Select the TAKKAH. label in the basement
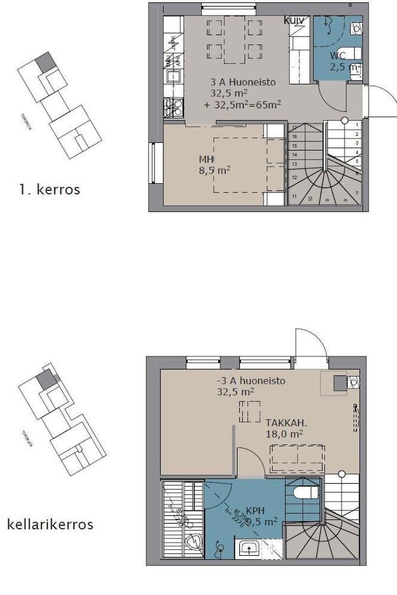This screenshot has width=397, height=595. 286,422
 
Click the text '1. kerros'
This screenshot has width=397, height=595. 49,190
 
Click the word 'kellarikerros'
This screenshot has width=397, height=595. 50,524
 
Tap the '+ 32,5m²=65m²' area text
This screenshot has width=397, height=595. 242,104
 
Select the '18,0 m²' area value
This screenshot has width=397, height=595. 285,434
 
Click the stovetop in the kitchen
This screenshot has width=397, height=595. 173,107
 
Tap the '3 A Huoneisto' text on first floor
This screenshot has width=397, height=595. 243,83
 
